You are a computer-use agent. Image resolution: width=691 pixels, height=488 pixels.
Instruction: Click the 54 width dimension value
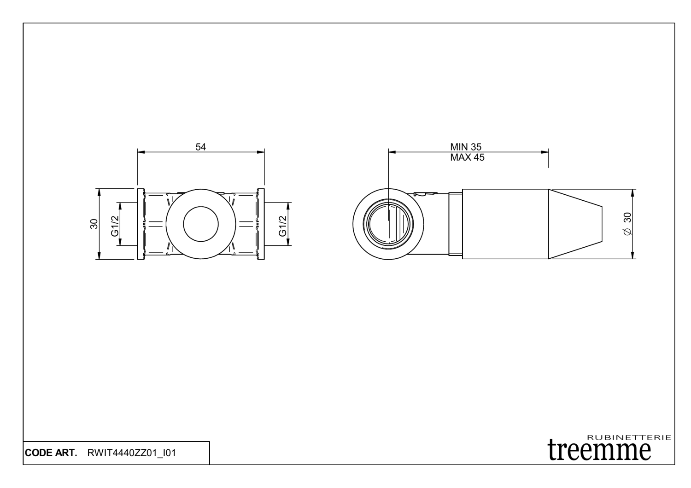click(x=201, y=146)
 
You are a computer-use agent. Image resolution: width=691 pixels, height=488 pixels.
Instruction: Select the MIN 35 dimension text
click(x=466, y=147)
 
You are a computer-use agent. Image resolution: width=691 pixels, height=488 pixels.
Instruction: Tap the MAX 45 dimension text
click(x=468, y=157)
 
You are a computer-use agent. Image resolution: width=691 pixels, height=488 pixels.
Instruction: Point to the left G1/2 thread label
click(x=115, y=224)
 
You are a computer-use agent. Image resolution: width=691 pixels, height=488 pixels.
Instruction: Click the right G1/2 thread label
click(x=283, y=224)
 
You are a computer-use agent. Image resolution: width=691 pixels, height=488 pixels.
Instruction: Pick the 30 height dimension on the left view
click(x=94, y=224)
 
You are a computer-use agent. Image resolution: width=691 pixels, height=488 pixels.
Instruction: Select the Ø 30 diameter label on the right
click(x=627, y=224)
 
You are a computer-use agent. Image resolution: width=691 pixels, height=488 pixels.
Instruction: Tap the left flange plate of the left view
click(x=139, y=224)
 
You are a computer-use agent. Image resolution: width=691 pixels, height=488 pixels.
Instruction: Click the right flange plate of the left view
click(x=262, y=224)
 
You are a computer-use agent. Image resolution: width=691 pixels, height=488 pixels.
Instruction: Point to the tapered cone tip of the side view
click(x=576, y=224)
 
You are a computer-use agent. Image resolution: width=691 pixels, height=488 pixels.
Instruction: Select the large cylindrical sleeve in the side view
click(x=505, y=224)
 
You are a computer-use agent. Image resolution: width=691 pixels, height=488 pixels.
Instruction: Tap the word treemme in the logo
click(x=599, y=450)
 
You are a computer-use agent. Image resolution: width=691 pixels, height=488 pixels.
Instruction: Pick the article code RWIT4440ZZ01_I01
click(x=131, y=453)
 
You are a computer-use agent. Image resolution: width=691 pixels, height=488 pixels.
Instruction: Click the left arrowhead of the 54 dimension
click(x=141, y=152)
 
